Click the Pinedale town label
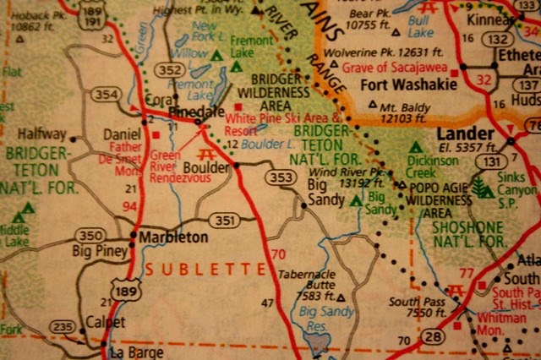pyautogui.click(x=194, y=112)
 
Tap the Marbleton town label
pyautogui.click(x=173, y=237)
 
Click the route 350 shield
pyautogui.click(x=89, y=233)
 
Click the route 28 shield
pyautogui.click(x=432, y=337)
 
